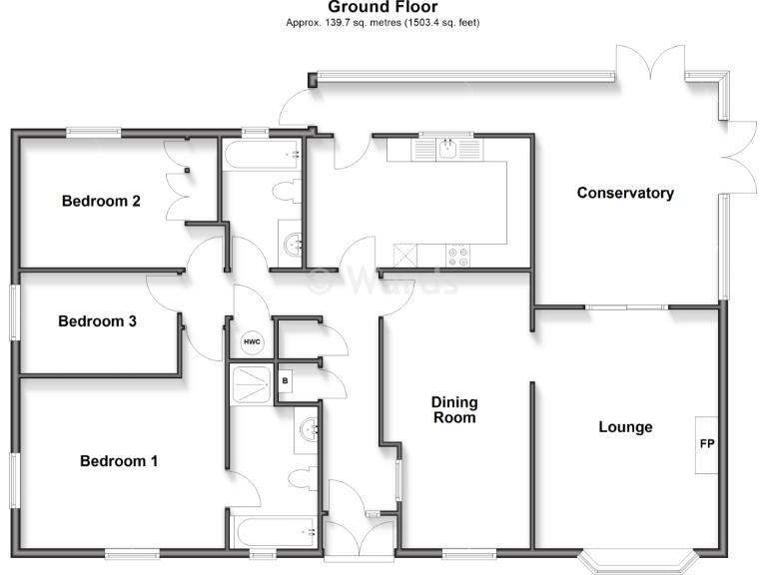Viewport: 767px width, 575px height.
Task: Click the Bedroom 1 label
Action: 119,461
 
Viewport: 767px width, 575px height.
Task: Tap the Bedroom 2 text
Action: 101,201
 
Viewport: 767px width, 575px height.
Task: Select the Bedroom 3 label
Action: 97,321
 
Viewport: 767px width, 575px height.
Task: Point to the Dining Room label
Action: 454,410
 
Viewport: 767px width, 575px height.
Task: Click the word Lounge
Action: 625,427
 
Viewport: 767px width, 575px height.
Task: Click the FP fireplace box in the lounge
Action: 707,444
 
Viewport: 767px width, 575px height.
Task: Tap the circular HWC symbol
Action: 252,342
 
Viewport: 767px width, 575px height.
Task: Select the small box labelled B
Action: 285,381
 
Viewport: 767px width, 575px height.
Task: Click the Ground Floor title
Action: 383,7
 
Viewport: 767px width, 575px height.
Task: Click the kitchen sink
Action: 448,150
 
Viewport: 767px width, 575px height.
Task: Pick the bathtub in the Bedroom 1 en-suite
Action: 272,528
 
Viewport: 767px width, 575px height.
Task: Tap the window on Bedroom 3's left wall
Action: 14,313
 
